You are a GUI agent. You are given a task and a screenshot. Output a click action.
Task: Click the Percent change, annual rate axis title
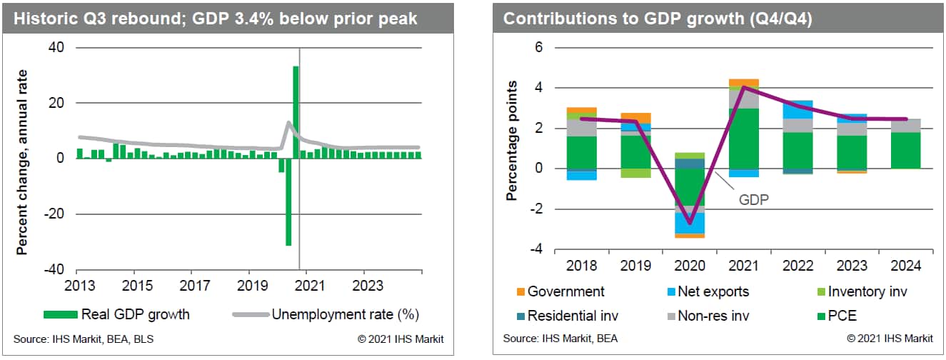tap(22, 162)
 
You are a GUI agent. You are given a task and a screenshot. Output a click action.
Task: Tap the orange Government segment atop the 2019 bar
tap(636, 118)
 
